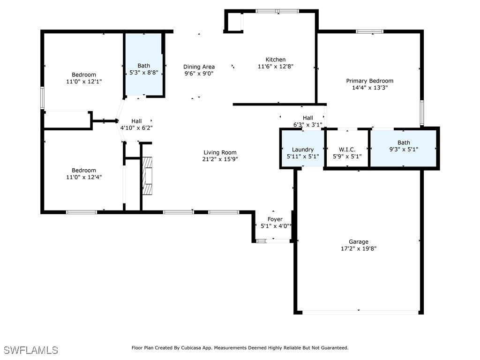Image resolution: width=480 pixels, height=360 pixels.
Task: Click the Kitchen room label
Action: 275,60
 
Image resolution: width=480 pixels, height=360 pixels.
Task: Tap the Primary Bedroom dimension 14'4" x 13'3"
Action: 369,88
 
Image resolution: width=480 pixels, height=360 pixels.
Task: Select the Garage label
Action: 358,242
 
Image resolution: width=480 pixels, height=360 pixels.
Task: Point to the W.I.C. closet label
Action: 347,150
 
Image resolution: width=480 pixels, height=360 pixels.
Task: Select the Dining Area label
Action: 199,67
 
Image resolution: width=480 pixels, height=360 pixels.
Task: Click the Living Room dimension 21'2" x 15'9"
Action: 220,159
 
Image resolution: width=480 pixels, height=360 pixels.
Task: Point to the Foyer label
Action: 275,219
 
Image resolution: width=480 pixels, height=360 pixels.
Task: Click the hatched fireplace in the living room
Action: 148,176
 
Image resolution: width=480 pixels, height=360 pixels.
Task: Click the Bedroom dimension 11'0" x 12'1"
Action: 84,82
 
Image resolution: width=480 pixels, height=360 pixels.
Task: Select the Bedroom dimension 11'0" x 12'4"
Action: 84,177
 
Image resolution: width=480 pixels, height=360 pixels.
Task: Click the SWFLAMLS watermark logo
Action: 31,350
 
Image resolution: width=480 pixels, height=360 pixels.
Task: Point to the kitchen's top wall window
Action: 277,11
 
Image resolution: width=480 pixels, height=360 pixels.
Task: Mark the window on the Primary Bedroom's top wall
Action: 369,31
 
